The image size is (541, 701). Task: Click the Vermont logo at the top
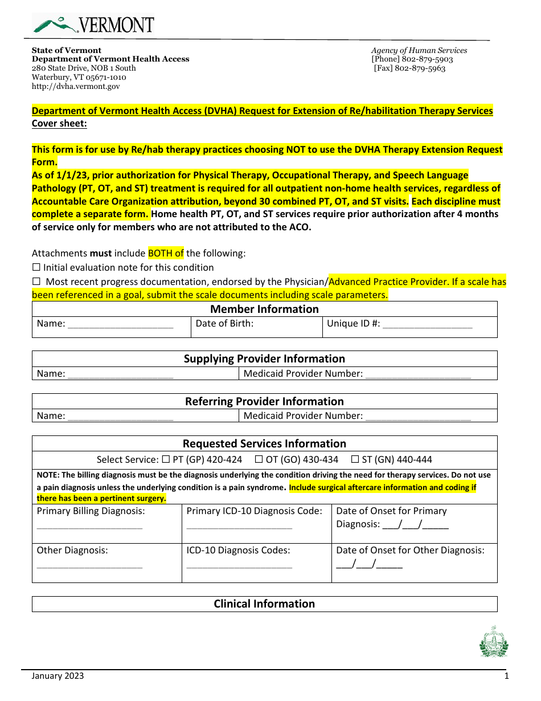93,25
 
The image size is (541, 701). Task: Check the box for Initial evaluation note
36,267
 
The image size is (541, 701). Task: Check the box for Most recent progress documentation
36,282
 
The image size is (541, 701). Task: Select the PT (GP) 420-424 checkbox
166,459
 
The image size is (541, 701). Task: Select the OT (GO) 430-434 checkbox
259,459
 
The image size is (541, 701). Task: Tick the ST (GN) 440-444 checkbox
354,459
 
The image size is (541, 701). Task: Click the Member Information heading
264,309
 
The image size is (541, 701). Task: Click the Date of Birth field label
224,324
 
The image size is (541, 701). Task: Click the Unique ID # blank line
427,325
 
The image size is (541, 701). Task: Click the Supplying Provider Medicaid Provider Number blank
418,374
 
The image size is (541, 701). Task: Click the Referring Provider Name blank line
120,417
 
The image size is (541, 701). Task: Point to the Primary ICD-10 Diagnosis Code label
254,511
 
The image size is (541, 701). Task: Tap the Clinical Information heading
264,604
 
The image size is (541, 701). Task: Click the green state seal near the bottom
494,642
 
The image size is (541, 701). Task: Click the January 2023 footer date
58,676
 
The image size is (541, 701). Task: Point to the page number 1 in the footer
506,676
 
